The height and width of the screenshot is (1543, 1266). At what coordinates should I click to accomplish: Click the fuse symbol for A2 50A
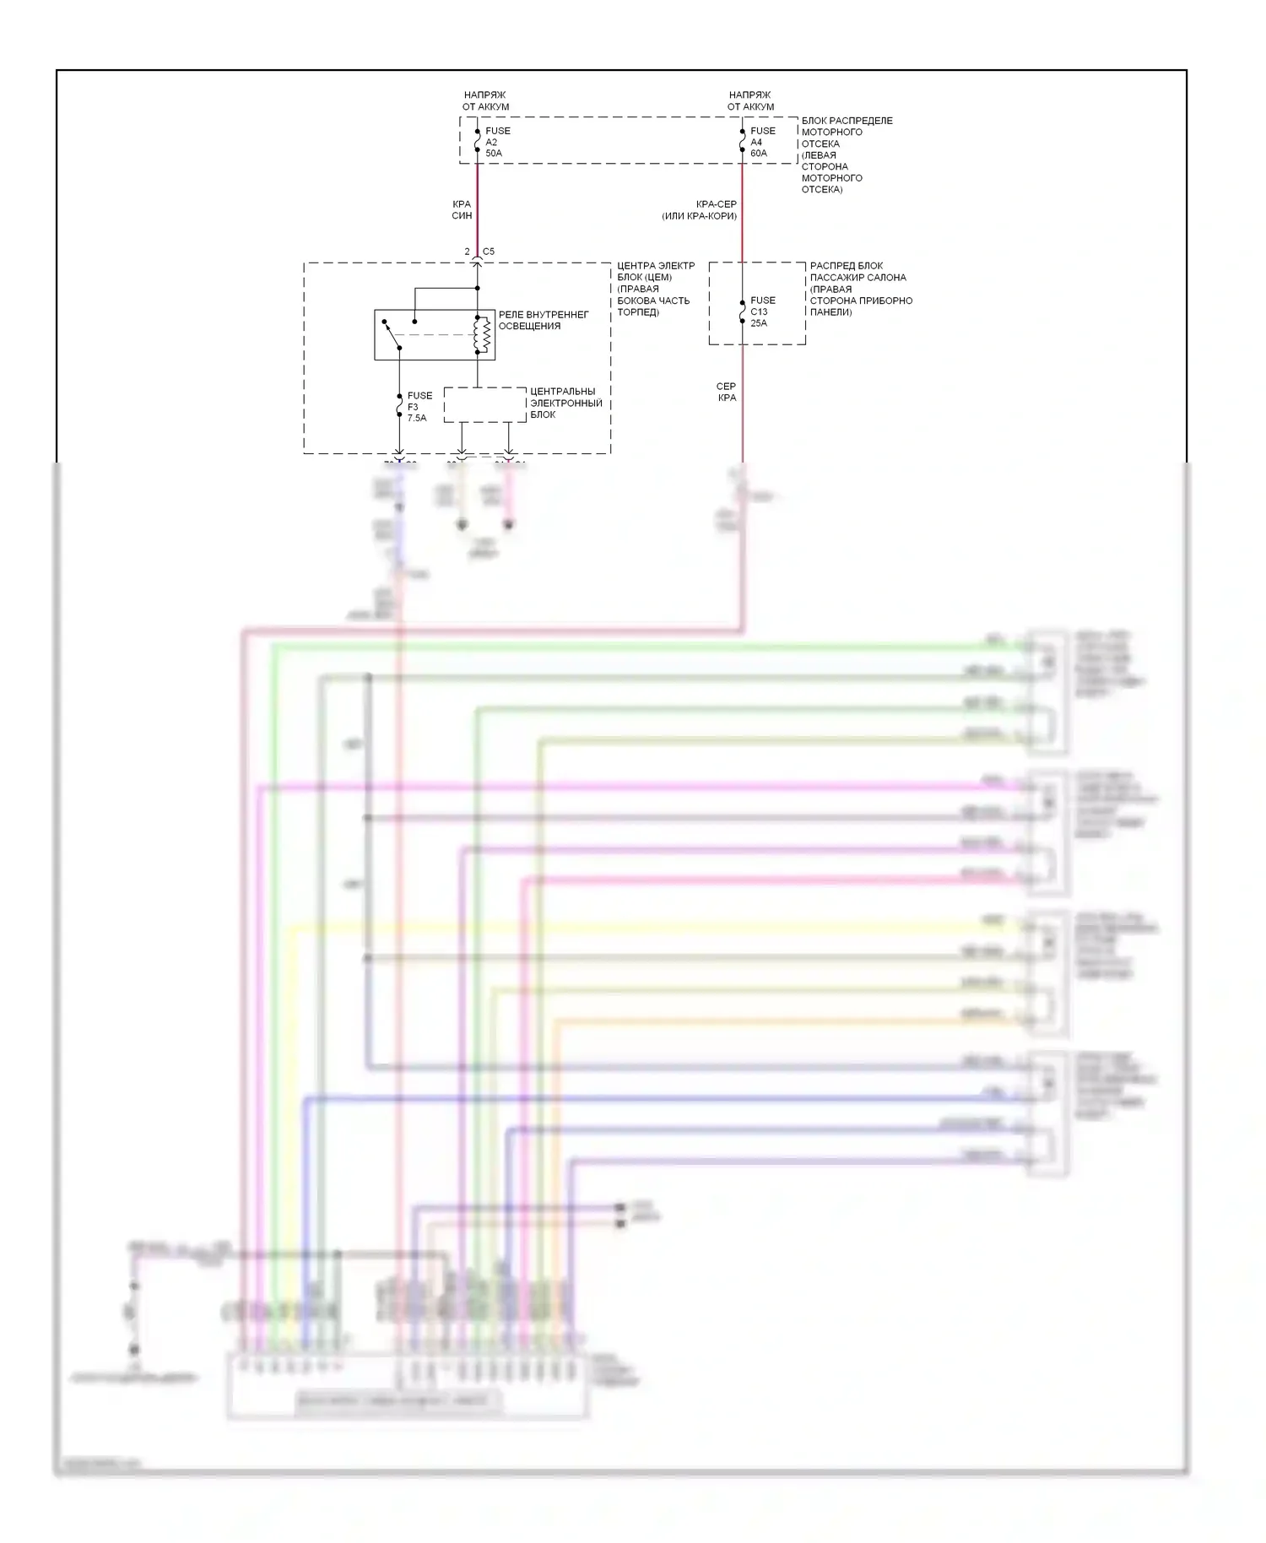[477, 141]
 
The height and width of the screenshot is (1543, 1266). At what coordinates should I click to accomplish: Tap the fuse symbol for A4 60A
[742, 141]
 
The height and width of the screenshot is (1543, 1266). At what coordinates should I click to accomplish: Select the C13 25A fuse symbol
[742, 311]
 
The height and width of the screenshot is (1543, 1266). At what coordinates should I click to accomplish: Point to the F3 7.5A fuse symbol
[399, 407]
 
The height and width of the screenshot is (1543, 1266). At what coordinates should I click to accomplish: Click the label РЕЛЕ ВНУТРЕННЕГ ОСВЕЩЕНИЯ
[543, 320]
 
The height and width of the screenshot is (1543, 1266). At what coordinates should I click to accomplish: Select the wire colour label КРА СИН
[462, 209]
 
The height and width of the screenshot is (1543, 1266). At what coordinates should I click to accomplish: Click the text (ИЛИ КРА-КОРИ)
[699, 216]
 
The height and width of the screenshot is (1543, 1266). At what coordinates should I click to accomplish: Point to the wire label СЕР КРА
[726, 392]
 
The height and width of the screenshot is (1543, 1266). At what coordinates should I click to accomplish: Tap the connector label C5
[489, 252]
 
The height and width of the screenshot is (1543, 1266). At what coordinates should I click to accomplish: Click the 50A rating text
[494, 154]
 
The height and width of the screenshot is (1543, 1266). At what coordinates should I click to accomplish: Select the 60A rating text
[759, 154]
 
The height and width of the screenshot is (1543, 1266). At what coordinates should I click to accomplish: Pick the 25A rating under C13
[759, 323]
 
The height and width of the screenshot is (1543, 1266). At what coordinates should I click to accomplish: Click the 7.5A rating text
[417, 418]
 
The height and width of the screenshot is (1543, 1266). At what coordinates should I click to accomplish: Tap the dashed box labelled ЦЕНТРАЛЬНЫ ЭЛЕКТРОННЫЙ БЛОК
[484, 404]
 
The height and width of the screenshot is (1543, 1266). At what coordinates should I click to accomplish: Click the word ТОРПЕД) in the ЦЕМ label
[638, 312]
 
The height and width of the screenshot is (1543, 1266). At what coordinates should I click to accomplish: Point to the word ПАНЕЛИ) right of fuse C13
[831, 312]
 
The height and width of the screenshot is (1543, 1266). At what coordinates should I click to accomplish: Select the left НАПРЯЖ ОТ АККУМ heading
[485, 100]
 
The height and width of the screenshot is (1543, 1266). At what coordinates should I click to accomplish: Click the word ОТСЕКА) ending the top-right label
[822, 189]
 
